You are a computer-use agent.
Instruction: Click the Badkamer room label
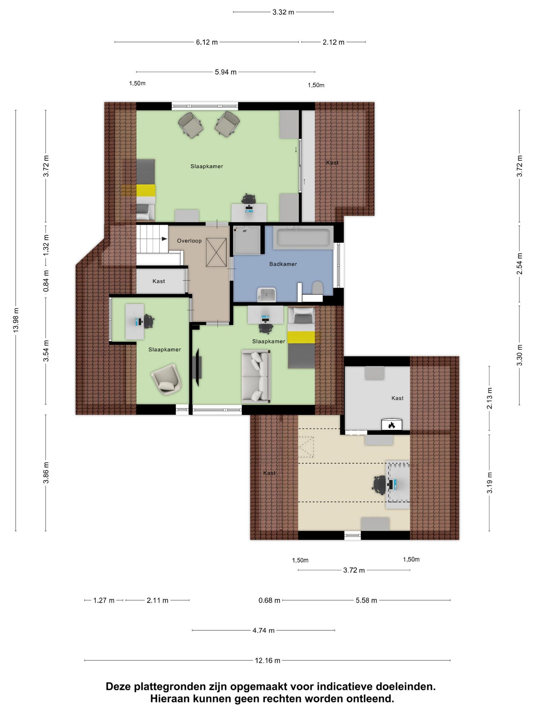click(283, 264)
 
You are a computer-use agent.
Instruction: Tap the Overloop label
click(189, 241)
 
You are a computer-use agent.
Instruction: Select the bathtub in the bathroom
click(303, 238)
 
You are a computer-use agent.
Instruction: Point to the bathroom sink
click(266, 295)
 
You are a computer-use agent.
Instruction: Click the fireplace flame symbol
click(391, 425)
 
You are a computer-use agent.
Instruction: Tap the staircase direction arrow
click(164, 239)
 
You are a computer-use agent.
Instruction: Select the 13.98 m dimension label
click(16, 320)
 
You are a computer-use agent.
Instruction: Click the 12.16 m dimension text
click(267, 660)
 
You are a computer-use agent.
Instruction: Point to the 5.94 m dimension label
click(226, 72)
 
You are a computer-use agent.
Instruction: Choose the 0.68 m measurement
click(269, 600)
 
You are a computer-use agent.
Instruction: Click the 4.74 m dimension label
click(263, 630)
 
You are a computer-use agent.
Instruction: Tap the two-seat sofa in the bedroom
click(256, 377)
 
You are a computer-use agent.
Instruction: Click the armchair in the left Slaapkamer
click(166, 379)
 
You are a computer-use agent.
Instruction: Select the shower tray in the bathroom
click(247, 240)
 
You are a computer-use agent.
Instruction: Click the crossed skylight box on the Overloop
click(216, 252)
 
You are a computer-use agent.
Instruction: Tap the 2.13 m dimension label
click(490, 398)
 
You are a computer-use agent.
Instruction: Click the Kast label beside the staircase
click(158, 281)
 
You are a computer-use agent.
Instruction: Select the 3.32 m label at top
click(283, 12)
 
